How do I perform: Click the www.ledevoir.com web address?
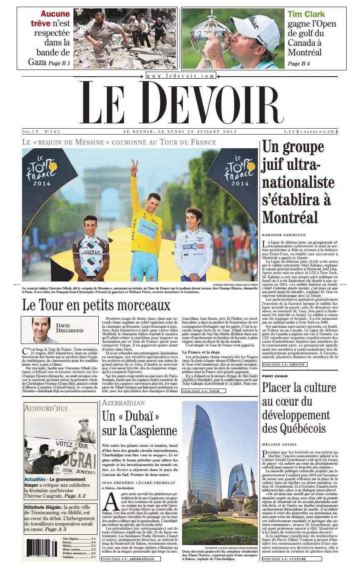(181, 76)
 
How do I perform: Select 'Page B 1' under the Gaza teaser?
(59, 63)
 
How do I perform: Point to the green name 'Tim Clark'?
(306, 14)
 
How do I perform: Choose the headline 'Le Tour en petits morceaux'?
(96, 305)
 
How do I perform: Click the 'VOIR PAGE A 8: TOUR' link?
(204, 391)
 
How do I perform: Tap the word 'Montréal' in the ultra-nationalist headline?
(290, 217)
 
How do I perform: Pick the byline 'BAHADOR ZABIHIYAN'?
(284, 235)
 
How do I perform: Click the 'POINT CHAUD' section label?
(275, 376)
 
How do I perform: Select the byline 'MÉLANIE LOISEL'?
(279, 445)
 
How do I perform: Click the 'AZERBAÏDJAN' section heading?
(123, 403)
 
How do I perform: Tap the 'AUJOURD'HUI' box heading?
(46, 408)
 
